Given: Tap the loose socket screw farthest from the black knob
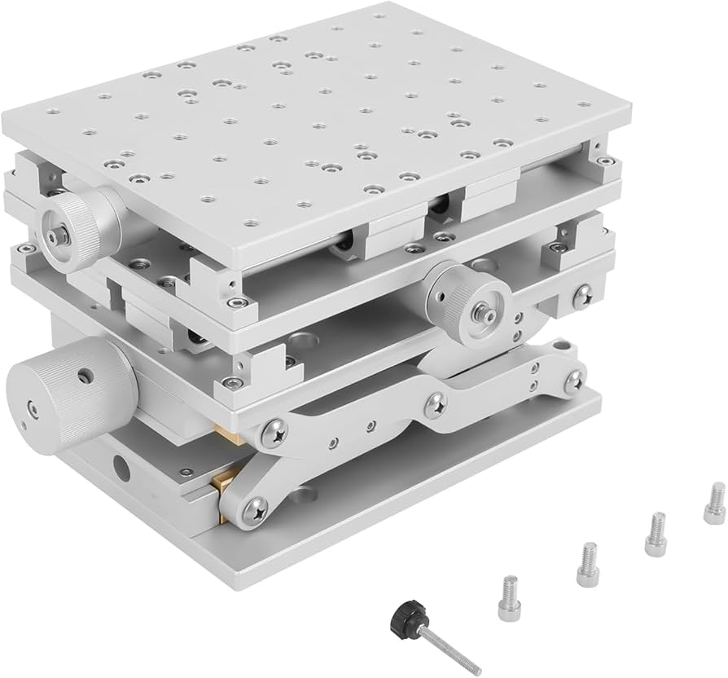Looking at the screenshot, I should (714, 502).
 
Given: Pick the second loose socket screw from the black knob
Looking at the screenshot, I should (587, 564).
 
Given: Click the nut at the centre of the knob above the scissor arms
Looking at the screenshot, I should (483, 310).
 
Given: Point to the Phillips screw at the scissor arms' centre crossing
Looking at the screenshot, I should (436, 402).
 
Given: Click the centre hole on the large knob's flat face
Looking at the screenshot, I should (30, 409).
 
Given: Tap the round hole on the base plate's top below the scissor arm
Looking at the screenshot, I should (302, 494).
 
